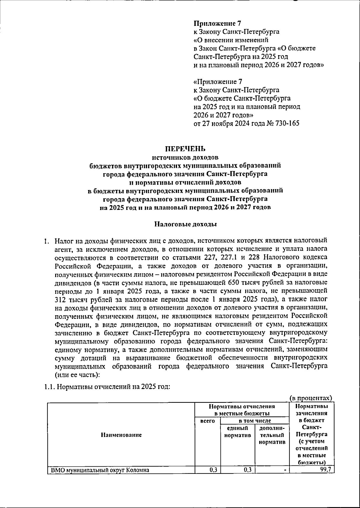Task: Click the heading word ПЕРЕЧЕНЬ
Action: pyautogui.click(x=185, y=149)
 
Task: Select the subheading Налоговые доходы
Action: pyautogui.click(x=185, y=224)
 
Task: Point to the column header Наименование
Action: pyautogui.click(x=121, y=435)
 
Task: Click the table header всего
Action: pyautogui.click(x=207, y=421)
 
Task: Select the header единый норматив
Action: pyautogui.click(x=238, y=432)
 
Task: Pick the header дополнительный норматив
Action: pyautogui.click(x=272, y=435)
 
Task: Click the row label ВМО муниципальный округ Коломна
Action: pyautogui.click(x=100, y=470)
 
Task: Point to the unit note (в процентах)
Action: pyautogui.click(x=311, y=398)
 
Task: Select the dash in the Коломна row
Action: pyautogui.click(x=285, y=470)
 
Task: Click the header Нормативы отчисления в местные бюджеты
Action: pyautogui.click(x=242, y=410)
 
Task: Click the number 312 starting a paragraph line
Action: pyautogui.click(x=61, y=299)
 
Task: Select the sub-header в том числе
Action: pyautogui.click(x=255, y=421)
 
